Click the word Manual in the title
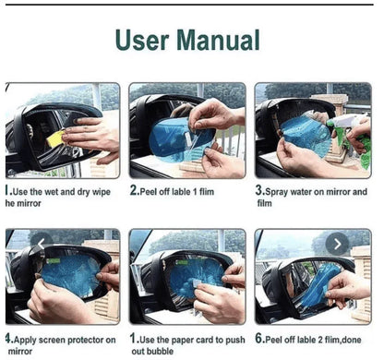pyautogui.click(x=219, y=40)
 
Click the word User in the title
pyautogui.click(x=142, y=40)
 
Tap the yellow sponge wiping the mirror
pyautogui.click(x=56, y=138)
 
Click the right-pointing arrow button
pyautogui.click(x=337, y=244)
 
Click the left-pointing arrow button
pyautogui.click(x=42, y=244)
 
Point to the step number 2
pyautogui.click(x=134, y=190)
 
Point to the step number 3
pyautogui.click(x=259, y=190)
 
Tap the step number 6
pyautogui.click(x=259, y=339)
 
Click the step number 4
pyautogui.click(x=8, y=339)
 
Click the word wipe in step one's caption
pyautogui.click(x=102, y=192)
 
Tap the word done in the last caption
pyautogui.click(x=352, y=340)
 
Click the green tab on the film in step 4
pyautogui.click(x=54, y=261)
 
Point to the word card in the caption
pyautogui.click(x=204, y=340)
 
